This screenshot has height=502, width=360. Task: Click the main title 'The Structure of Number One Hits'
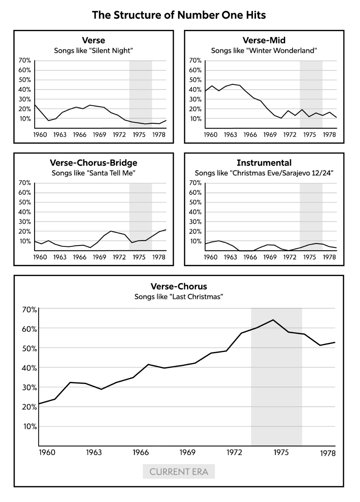(x=179, y=15)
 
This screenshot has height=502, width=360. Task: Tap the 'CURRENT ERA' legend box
(x=179, y=472)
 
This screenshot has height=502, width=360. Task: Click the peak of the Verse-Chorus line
(x=273, y=320)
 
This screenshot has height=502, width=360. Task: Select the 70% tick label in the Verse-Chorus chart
(x=30, y=310)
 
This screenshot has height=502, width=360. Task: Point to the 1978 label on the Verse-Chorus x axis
(x=328, y=453)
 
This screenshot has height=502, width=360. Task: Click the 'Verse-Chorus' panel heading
(x=179, y=286)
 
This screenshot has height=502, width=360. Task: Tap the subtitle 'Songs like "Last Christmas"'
(x=179, y=297)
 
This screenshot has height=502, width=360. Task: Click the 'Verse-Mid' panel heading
(x=264, y=40)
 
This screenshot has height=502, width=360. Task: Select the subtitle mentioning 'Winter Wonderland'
(x=264, y=51)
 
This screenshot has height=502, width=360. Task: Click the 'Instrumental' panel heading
(x=264, y=163)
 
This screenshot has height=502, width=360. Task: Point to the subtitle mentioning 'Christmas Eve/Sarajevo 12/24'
(x=264, y=173)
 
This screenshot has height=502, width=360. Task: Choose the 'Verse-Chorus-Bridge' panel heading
(x=94, y=163)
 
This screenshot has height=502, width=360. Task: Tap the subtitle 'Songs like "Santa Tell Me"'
(x=94, y=173)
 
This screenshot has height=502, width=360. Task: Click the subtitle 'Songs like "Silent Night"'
(x=94, y=51)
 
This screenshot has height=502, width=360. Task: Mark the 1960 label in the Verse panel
(x=40, y=135)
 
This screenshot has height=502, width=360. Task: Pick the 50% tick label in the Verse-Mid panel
(x=195, y=80)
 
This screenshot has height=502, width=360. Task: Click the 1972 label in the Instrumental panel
(x=290, y=257)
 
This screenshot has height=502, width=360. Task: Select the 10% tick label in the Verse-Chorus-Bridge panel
(x=25, y=241)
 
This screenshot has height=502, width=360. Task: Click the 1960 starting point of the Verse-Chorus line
(x=39, y=404)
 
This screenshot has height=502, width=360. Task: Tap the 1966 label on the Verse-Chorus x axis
(x=141, y=452)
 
